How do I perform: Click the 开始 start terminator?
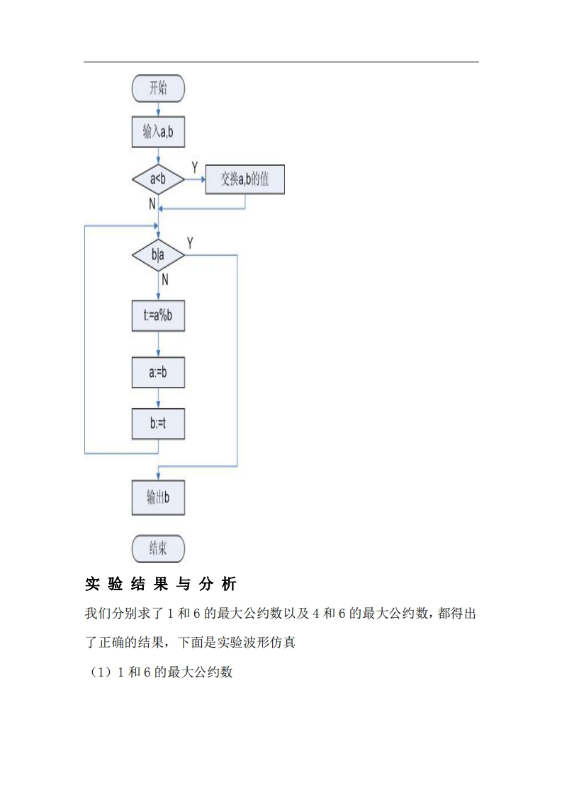point(158,89)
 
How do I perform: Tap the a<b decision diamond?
point(158,180)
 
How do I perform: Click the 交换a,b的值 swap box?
point(245,180)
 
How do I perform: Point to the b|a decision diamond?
point(158,255)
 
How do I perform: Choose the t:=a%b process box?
point(158,316)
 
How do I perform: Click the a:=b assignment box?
point(158,372)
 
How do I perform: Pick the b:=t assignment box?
point(158,423)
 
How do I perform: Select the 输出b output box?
point(158,497)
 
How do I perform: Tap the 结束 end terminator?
point(158,548)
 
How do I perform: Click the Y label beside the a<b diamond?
point(195,167)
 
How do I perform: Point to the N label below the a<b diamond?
point(152,204)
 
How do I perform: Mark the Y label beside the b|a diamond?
point(190,243)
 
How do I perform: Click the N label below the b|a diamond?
point(164,279)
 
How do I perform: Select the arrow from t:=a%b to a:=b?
point(158,344)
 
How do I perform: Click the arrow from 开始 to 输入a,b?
point(158,109)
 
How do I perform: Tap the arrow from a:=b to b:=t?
point(158,397)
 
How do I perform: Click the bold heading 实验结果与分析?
point(161,585)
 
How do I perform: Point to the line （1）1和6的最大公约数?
point(159,672)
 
